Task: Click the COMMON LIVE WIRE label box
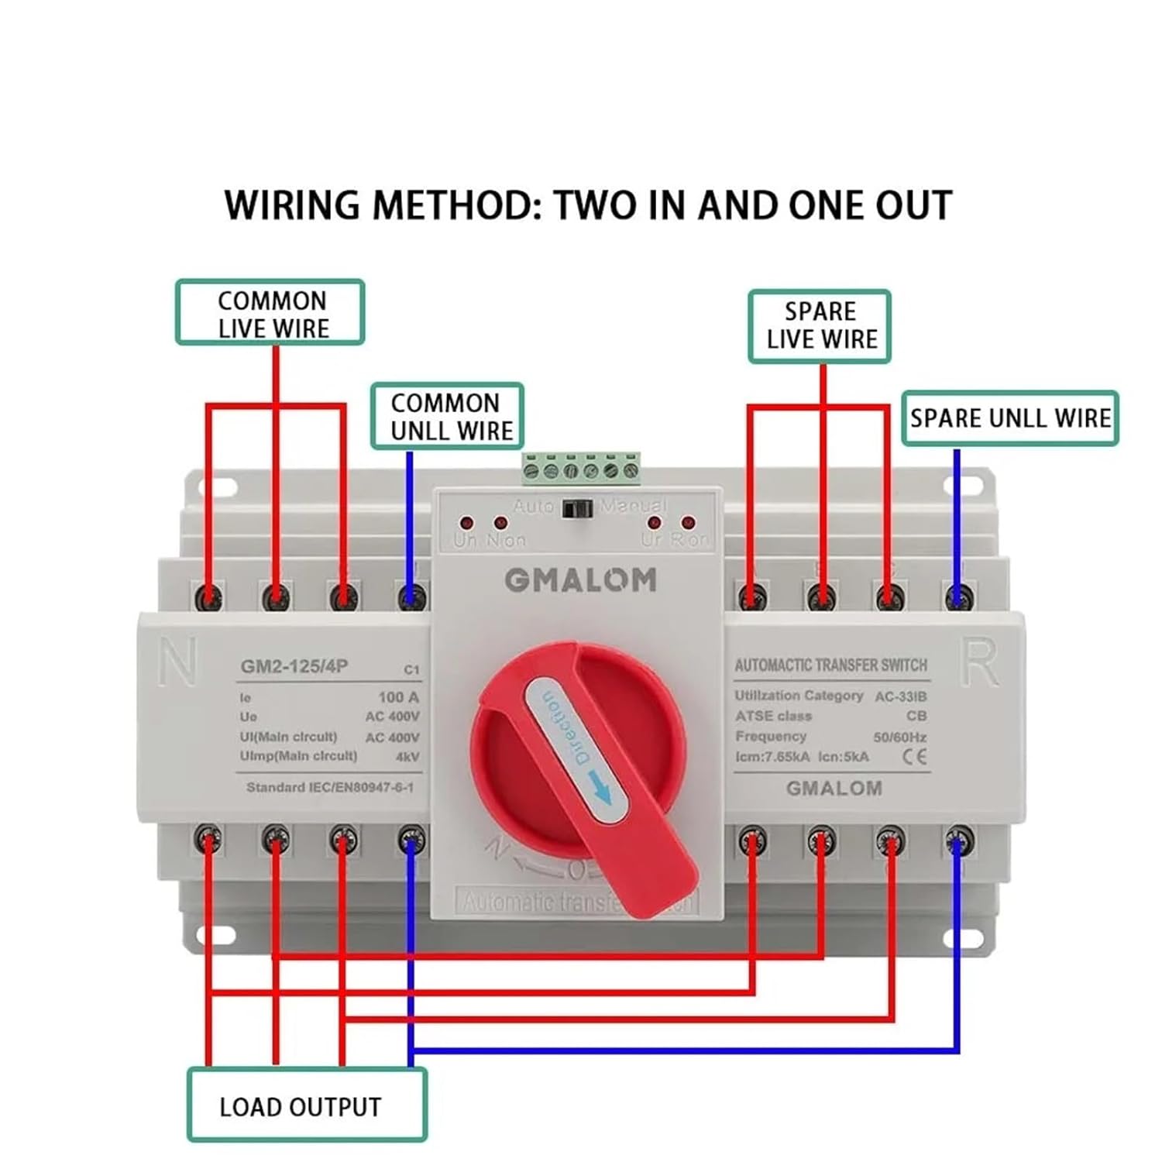(270, 313)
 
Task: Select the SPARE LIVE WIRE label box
(820, 326)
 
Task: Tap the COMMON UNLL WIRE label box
(448, 417)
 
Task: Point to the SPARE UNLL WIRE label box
(1009, 418)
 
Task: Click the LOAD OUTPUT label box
(307, 1105)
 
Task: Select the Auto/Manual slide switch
(576, 509)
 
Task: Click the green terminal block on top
(581, 469)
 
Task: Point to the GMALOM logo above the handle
(580, 579)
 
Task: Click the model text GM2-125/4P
(294, 666)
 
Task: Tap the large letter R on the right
(979, 662)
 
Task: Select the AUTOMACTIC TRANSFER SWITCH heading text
(830, 665)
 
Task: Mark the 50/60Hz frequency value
(899, 737)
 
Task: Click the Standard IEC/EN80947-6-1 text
(330, 787)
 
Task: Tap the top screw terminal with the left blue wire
(411, 597)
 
